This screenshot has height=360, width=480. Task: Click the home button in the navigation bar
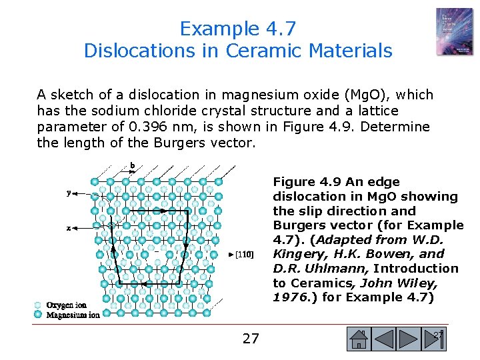359,340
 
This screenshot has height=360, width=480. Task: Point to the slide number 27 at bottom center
251,339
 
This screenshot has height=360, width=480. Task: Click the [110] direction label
243,254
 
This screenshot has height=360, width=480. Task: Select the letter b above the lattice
133,166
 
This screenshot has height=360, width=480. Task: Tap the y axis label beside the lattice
69,193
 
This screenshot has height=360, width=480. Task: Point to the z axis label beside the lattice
69,228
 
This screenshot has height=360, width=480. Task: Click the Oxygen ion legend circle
38,305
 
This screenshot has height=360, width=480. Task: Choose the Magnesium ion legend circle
38,314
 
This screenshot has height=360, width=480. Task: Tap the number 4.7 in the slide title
279,29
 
